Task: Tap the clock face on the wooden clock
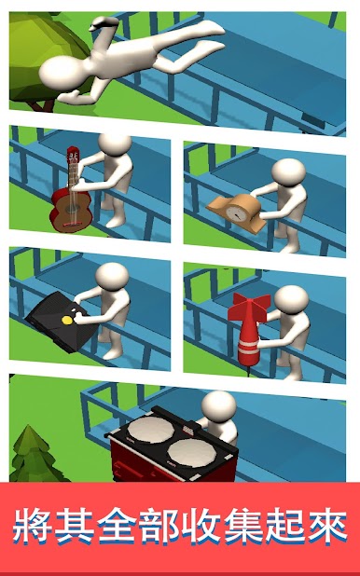(236, 213)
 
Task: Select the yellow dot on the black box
(66, 320)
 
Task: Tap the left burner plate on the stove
(150, 429)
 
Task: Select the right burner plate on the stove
(191, 453)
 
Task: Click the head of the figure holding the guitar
(115, 144)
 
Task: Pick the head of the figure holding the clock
(289, 172)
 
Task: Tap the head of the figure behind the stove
(218, 405)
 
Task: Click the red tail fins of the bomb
(249, 307)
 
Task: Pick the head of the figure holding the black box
(112, 276)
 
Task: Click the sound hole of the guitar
(70, 210)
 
